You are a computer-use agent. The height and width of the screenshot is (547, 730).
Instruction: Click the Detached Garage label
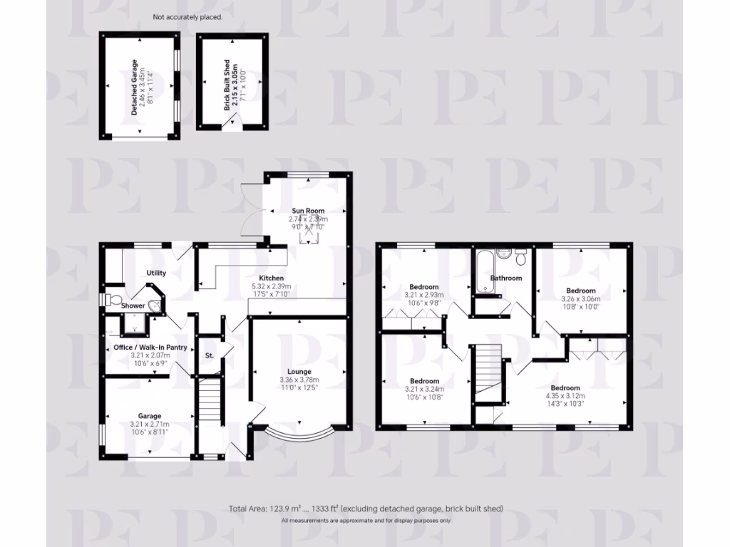tap(133, 88)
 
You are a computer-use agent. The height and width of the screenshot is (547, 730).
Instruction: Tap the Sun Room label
tap(308, 211)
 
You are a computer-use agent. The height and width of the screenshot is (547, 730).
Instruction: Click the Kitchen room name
tap(272, 278)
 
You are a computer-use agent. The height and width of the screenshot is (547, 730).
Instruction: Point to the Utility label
tap(156, 273)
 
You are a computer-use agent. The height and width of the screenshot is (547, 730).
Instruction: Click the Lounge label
tap(299, 372)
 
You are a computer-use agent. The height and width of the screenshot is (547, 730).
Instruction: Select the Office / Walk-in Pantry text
tap(150, 348)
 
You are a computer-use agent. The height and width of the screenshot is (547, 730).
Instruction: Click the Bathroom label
tap(505, 278)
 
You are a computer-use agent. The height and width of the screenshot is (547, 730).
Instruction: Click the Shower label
tap(133, 306)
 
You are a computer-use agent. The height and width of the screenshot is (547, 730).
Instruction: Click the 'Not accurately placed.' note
tap(187, 17)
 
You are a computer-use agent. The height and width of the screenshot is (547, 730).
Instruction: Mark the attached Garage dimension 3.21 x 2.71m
tap(150, 425)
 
